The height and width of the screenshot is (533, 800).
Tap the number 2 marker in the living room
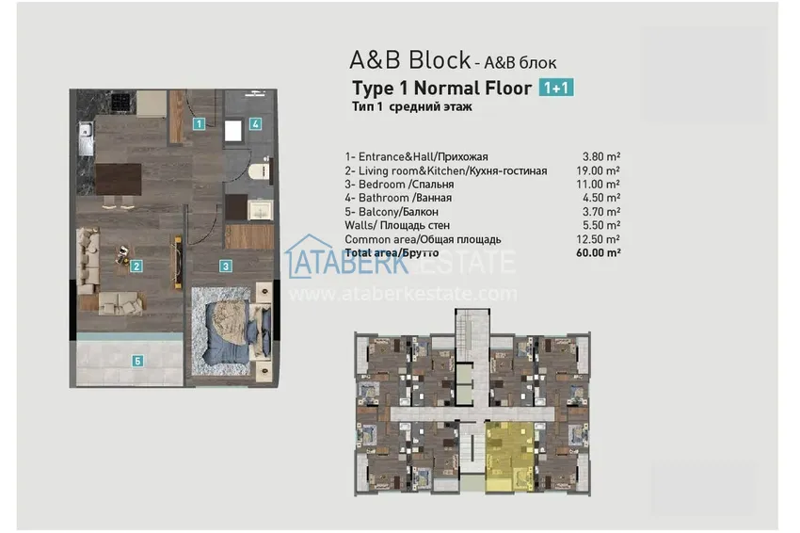137,266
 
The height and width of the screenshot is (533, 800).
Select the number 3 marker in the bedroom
226,266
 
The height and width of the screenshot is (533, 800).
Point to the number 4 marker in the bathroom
255,123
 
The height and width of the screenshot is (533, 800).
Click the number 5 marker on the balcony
137,360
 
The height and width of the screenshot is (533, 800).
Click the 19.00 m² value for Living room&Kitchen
600,170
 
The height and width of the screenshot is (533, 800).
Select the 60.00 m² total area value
600,253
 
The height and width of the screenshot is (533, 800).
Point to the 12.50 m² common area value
600,239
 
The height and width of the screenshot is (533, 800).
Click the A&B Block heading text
410,60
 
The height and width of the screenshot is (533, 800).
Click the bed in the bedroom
230,329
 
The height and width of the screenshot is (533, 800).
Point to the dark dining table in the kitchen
118,176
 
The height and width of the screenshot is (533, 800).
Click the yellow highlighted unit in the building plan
507,452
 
